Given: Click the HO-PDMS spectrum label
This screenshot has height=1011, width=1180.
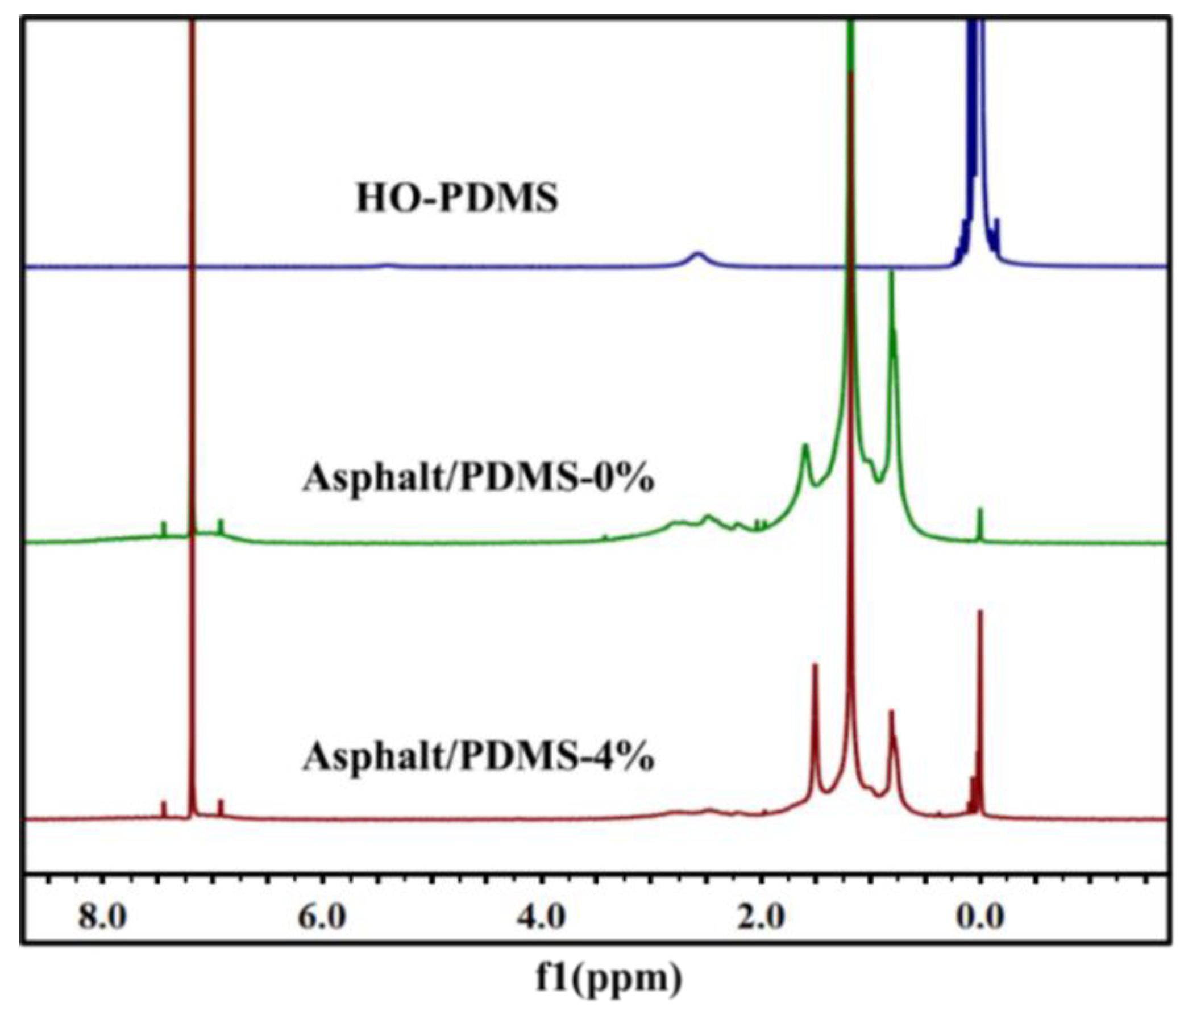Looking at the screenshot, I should (457, 199).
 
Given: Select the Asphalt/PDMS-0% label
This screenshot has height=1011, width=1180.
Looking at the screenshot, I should (479, 477).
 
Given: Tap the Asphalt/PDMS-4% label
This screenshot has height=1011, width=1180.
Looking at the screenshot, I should (479, 756).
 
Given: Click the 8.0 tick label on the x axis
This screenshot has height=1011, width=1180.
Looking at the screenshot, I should (102, 917).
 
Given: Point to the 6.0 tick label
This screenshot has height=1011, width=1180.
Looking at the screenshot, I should (322, 917).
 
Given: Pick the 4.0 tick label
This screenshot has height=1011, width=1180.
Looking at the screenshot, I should (542, 917).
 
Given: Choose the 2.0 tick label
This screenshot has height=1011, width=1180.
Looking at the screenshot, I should (761, 917).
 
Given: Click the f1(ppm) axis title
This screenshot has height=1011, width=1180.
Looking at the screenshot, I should (609, 979).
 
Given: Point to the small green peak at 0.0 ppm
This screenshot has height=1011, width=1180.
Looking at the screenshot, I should (980, 510).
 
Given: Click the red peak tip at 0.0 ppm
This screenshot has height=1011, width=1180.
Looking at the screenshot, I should (980, 613).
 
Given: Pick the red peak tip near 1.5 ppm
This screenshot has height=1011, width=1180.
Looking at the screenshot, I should (815, 665).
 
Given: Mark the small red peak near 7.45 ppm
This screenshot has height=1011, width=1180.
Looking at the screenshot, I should (164, 803).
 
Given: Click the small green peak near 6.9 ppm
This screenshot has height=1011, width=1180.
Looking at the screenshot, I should (221, 522).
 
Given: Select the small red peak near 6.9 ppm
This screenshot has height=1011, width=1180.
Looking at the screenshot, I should (221, 801).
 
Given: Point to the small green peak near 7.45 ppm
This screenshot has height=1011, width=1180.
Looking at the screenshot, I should (164, 523).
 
